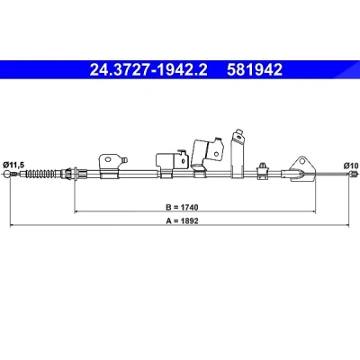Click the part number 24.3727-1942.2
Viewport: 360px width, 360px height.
point(148,69)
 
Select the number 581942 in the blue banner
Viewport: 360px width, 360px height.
point(255,69)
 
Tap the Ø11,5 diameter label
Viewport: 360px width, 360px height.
point(13,165)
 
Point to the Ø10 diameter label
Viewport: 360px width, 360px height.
point(351,166)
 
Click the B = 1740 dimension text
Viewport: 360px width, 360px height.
point(182,207)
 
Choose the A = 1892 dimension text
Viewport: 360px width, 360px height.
point(182,221)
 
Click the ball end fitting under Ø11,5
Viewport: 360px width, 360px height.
point(7,174)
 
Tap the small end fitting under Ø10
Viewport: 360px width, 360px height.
point(354,174)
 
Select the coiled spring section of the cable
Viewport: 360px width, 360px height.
point(41,174)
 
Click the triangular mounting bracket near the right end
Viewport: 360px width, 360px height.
point(300,169)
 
